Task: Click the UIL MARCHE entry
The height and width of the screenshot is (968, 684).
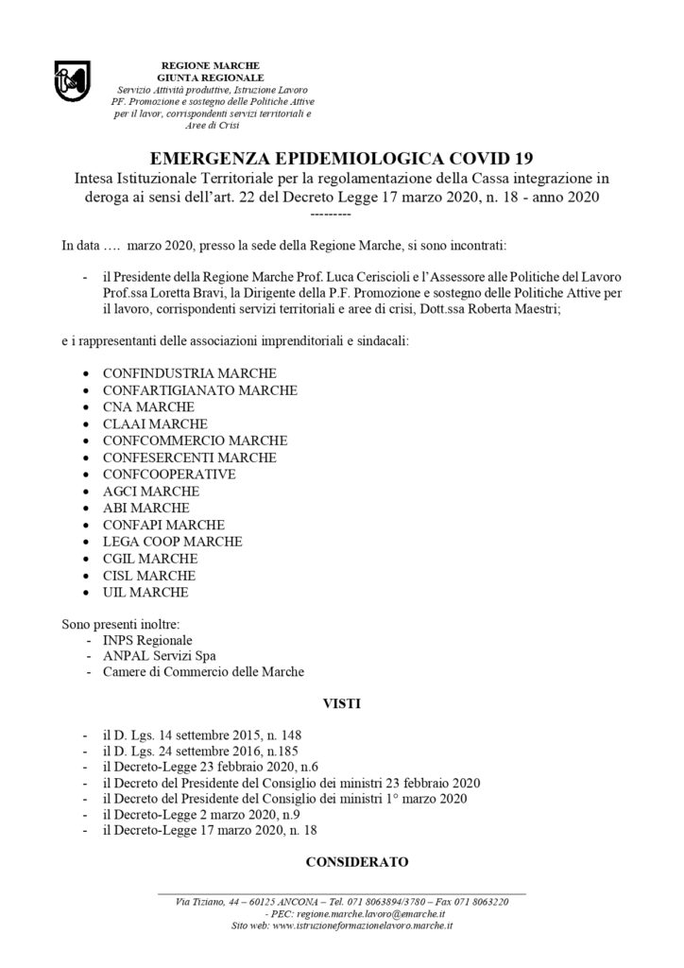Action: [145, 593]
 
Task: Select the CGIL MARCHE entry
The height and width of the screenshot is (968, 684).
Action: [149, 559]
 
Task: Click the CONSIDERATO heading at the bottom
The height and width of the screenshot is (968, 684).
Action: [356, 861]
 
